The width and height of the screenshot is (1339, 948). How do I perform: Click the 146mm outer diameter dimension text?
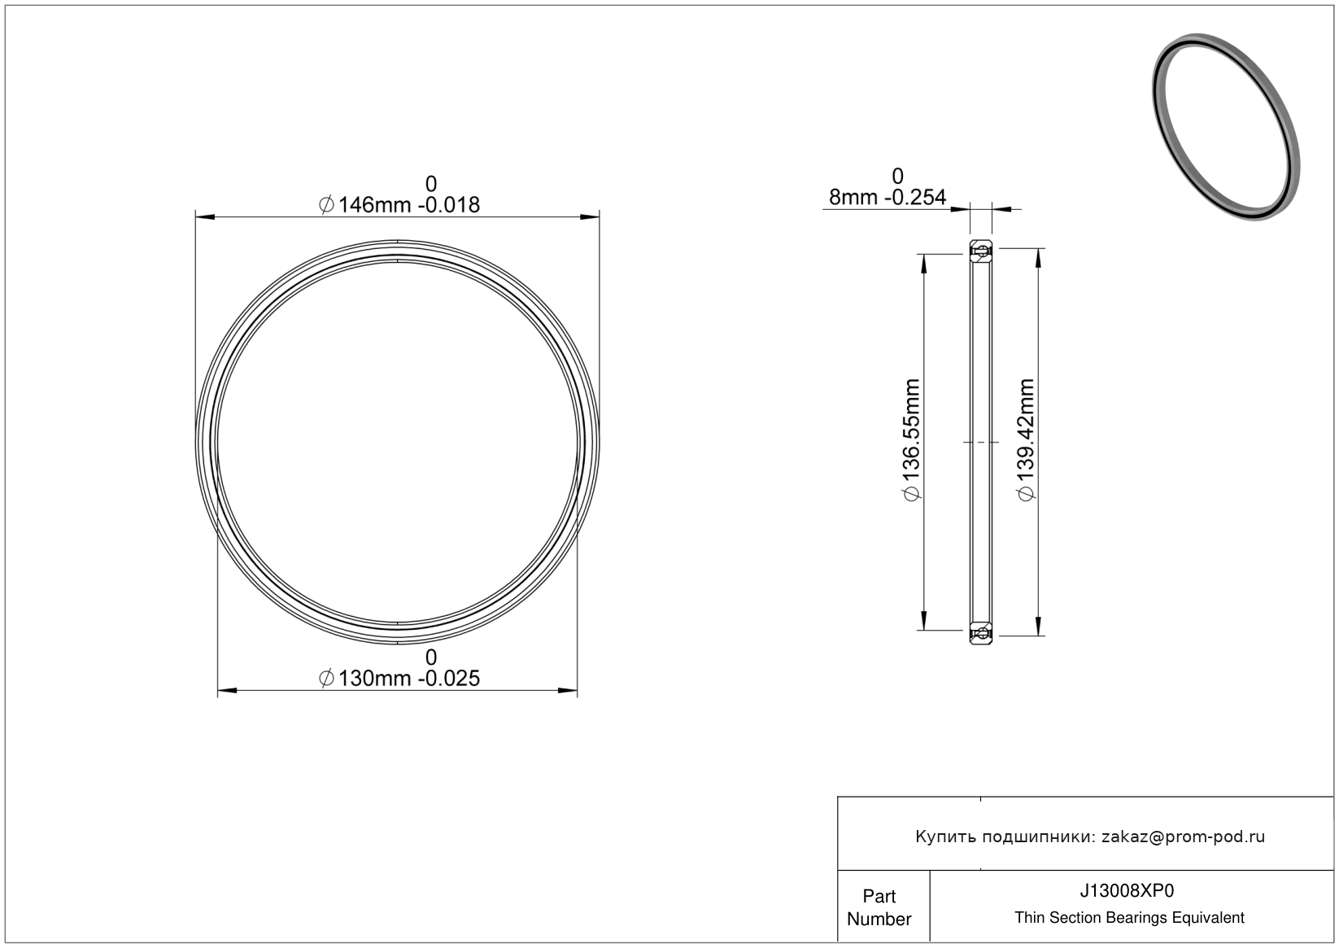pos(399,205)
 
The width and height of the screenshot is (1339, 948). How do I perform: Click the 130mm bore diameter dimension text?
pos(399,679)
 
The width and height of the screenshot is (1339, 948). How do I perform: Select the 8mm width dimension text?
pos(887,197)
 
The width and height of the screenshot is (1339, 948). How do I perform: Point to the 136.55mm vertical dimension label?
pos(912,439)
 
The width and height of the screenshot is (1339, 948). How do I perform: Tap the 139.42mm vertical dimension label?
pos(1026,439)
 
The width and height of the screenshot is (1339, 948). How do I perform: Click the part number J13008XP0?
pos(1127,890)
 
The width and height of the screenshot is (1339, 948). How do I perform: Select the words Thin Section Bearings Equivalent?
pos(1129,917)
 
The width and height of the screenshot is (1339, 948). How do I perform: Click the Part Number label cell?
pos(879,907)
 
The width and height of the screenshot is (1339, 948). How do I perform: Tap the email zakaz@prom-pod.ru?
pos(1183,837)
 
